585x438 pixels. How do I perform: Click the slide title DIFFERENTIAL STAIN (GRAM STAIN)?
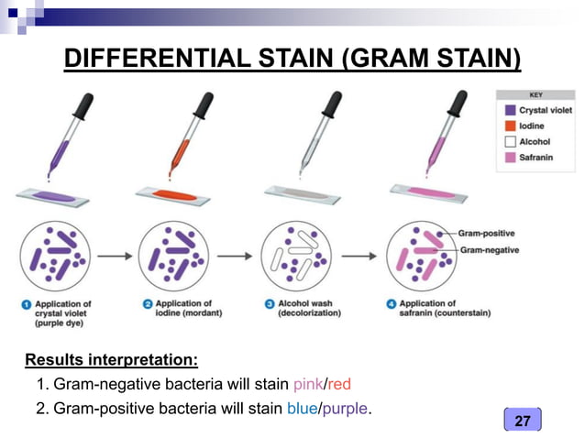click(x=292, y=60)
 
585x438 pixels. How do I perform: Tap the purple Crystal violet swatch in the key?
click(x=510, y=110)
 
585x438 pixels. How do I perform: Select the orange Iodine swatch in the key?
click(x=510, y=126)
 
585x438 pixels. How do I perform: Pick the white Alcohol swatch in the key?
click(x=510, y=141)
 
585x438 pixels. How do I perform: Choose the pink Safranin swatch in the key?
click(x=510, y=157)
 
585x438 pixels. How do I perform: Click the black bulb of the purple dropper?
click(x=85, y=104)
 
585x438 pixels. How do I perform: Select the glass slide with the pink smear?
click(x=427, y=191)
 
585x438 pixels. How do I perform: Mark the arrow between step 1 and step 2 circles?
click(x=115, y=257)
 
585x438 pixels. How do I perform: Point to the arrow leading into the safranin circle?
click(x=360, y=257)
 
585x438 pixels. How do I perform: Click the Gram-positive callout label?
click(x=488, y=235)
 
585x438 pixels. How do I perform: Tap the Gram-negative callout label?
click(x=489, y=249)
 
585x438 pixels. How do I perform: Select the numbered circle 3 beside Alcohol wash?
click(x=269, y=303)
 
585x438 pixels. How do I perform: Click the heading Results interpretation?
click(x=111, y=358)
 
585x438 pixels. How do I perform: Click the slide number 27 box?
click(x=523, y=420)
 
